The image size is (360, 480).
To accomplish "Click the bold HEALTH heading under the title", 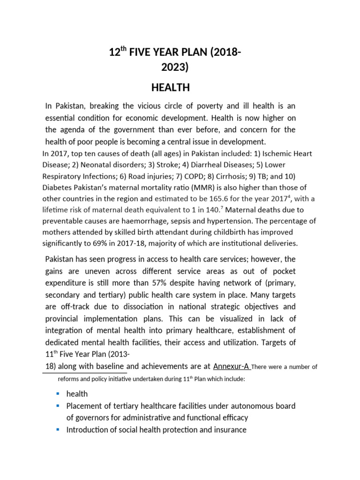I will coord(170,88).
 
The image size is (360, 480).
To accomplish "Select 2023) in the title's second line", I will coord(174,68).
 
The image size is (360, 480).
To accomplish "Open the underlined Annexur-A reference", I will coord(231,366).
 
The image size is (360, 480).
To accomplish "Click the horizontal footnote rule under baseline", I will coord(84,373).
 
